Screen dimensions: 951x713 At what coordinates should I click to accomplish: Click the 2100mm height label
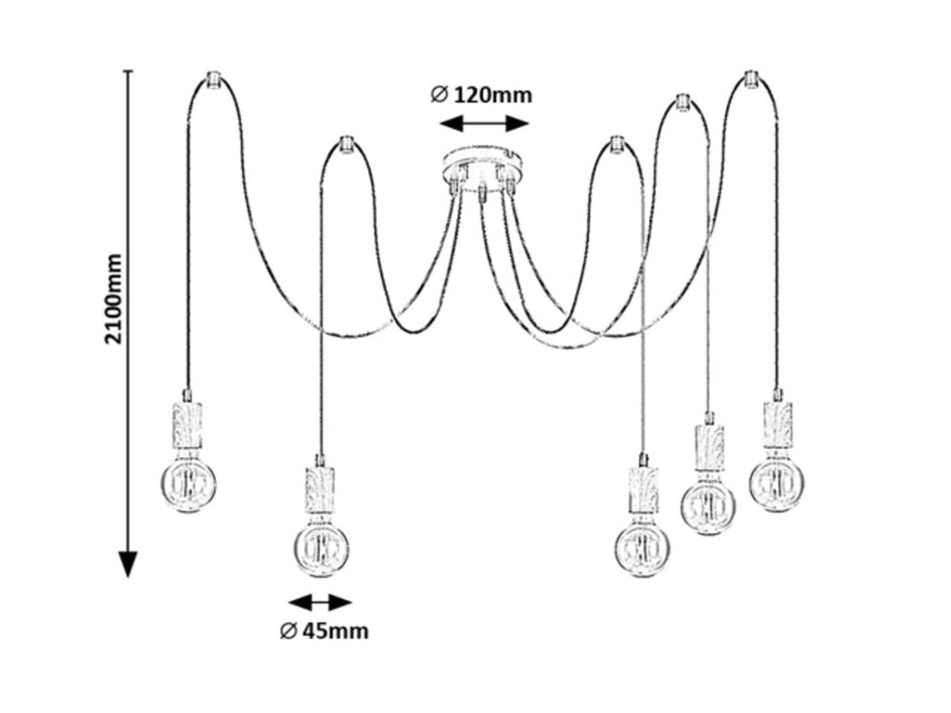pyautogui.click(x=113, y=298)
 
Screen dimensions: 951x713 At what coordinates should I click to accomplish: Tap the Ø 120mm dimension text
pyautogui.click(x=481, y=96)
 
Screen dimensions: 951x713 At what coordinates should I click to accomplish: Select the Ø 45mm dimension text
pyautogui.click(x=324, y=631)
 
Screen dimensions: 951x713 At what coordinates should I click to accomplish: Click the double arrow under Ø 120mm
pyautogui.click(x=484, y=124)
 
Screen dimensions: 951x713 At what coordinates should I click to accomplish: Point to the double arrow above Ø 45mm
pyautogui.click(x=319, y=603)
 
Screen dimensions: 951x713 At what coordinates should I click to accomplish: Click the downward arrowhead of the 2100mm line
pyautogui.click(x=127, y=565)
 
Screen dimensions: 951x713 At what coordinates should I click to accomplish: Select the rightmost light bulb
pyautogui.click(x=777, y=483)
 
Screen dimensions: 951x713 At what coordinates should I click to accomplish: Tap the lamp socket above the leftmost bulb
pyautogui.click(x=188, y=424)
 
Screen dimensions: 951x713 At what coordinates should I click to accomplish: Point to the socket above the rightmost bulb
pyautogui.click(x=777, y=424)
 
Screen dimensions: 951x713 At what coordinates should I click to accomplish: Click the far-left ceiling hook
pyautogui.click(x=213, y=80)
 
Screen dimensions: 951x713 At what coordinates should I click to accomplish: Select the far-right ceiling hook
pyautogui.click(x=750, y=80)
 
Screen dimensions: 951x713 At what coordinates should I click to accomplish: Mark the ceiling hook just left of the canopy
pyautogui.click(x=345, y=145)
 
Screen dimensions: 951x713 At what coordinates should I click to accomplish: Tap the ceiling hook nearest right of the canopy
pyautogui.click(x=617, y=145)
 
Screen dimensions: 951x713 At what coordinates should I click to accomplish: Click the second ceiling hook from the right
pyautogui.click(x=683, y=102)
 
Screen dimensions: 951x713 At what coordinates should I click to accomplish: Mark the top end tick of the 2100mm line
pyautogui.click(x=127, y=71)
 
